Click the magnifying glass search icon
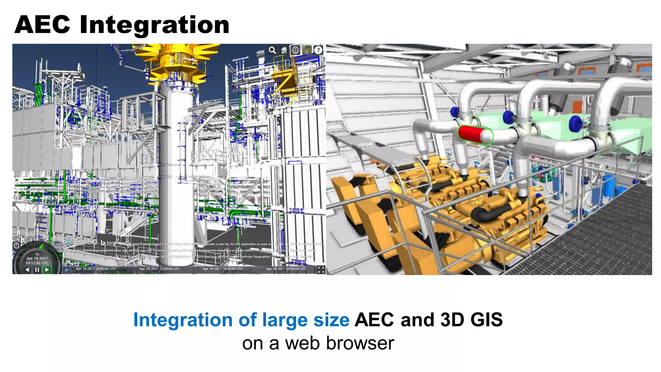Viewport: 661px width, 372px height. click(x=272, y=50)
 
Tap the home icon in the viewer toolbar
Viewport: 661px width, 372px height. click(x=284, y=50)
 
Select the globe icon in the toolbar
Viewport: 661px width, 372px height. click(x=295, y=50)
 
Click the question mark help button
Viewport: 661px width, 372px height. click(x=318, y=50)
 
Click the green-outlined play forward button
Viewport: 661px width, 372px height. click(x=47, y=270)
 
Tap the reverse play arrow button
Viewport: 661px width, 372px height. click(x=27, y=270)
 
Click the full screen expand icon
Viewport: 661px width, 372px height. click(x=321, y=270)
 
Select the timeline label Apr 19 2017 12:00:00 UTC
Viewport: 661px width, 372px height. click(x=159, y=269)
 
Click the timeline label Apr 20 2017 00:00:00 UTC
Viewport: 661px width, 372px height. click(x=286, y=269)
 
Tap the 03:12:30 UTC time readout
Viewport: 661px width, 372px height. click(x=37, y=263)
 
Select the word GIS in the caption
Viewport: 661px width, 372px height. click(x=486, y=320)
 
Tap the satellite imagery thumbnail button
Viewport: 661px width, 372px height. click(x=307, y=50)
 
